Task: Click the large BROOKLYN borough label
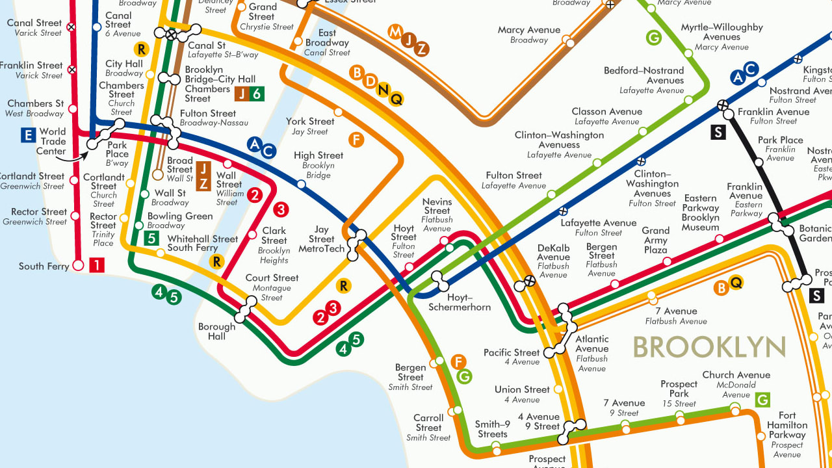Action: [x=709, y=347]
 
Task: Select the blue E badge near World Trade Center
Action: [x=27, y=135]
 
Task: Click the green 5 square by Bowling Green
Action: [x=151, y=238]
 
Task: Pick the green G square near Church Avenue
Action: [x=762, y=399]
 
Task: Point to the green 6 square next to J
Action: [x=257, y=94]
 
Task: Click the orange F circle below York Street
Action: [x=356, y=139]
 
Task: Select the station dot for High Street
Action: [x=301, y=185]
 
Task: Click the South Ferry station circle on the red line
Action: [x=78, y=265]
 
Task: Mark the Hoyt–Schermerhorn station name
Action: [x=460, y=302]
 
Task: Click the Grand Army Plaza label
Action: [x=655, y=240]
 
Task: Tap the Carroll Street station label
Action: [x=428, y=427]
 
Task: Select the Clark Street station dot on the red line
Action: [x=253, y=235]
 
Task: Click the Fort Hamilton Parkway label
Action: [x=786, y=430]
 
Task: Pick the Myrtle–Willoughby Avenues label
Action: [x=721, y=36]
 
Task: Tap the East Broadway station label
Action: [x=327, y=42]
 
